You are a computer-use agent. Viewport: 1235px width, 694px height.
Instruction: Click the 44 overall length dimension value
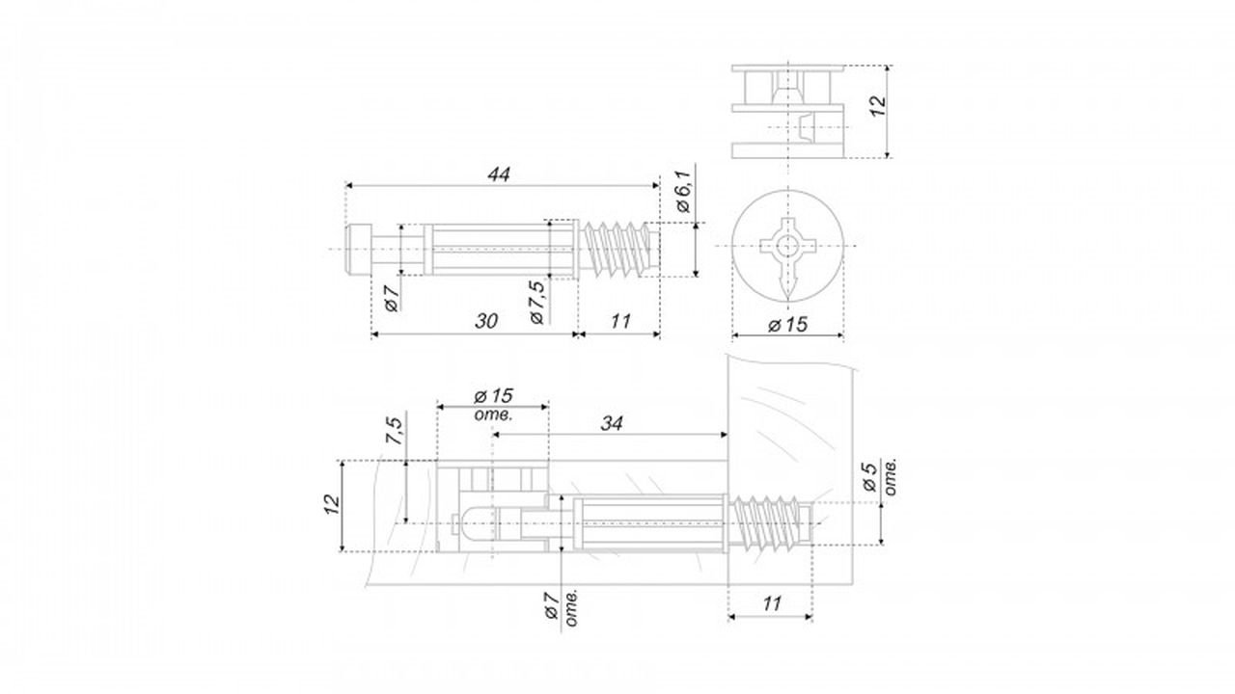pos(499,174)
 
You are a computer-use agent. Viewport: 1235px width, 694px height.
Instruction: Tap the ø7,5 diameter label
pos(537,302)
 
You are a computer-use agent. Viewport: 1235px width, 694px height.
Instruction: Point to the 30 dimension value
pos(486,321)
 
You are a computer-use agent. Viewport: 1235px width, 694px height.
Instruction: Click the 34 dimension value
pos(612,423)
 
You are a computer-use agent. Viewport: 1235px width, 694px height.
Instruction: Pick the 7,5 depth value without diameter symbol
pos(395,431)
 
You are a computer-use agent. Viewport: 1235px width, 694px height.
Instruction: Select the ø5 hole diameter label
pos(869,477)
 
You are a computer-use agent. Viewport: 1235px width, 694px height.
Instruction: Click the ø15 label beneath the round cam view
pos(787,325)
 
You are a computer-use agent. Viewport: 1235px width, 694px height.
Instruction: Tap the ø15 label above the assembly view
pos(493,395)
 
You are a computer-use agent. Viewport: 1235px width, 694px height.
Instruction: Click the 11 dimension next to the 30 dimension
pos(620,321)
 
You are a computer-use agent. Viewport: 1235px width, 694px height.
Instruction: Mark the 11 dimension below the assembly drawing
pos(772,603)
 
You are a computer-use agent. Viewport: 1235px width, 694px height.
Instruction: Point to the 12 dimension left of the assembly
pos(332,504)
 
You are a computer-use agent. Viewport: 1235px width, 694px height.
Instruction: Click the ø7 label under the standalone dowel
pos(391,299)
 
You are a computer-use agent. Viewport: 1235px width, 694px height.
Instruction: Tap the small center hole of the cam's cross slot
pos(788,246)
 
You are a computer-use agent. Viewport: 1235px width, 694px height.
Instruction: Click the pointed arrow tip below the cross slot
pos(788,299)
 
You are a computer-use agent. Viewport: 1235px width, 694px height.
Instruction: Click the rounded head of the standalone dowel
pos(358,249)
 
